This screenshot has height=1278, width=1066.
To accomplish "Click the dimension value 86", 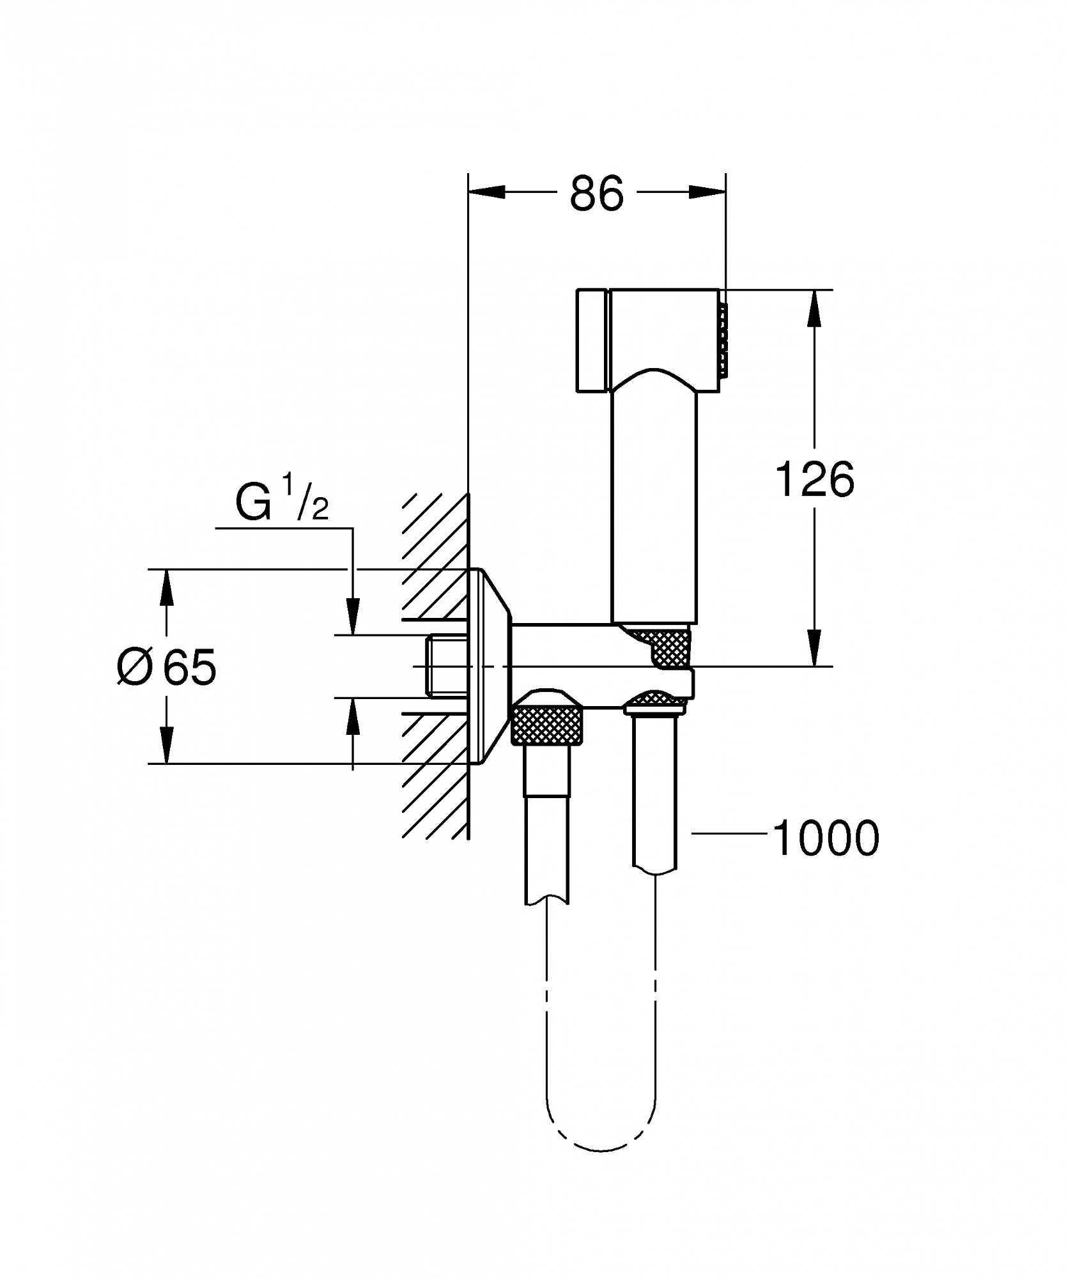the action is (x=596, y=193).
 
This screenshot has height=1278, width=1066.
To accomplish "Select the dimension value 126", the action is (x=815, y=479).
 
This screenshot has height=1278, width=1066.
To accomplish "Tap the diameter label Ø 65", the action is (x=167, y=667).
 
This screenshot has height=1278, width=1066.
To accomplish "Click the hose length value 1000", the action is (x=826, y=838).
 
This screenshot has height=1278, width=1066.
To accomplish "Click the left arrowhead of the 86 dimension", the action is (x=486, y=192).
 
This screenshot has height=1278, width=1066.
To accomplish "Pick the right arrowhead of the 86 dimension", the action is (x=707, y=192).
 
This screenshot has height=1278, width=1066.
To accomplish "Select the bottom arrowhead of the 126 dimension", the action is (x=814, y=647).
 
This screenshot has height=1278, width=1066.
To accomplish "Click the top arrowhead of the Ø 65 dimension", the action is (x=167, y=587).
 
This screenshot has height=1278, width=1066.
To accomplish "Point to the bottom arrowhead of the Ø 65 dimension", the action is (x=167, y=744).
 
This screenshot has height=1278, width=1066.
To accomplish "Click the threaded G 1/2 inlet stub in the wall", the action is (x=448, y=666).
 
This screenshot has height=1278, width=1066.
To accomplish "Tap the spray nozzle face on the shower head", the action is (x=723, y=339).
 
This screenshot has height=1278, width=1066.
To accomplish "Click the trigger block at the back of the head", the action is (x=592, y=341).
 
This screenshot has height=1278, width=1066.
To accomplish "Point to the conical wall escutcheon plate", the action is (x=491, y=666).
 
